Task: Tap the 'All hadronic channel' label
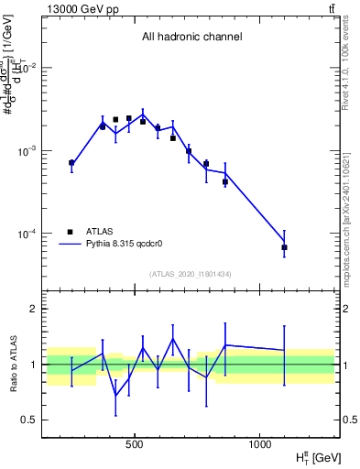pos(191,38)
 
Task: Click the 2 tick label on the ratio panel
pos(34,310)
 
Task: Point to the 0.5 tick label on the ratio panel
pos(30,420)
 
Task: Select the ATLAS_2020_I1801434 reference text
pos(191,275)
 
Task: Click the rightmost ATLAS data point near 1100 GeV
pos(284,247)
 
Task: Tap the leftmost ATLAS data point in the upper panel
pos(71,163)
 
